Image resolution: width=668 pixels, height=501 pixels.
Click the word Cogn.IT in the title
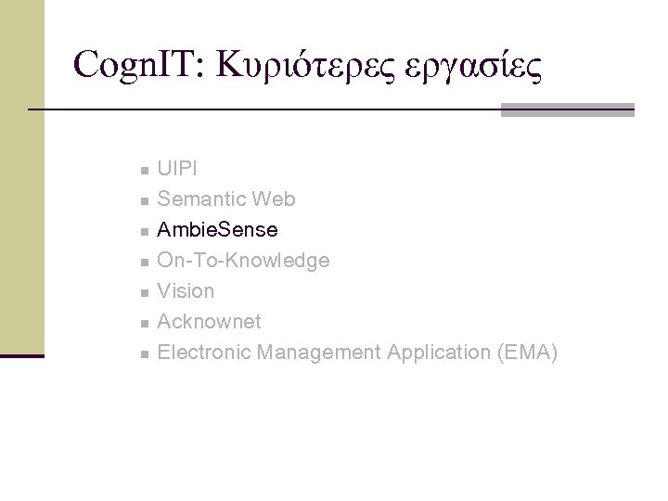click(x=139, y=64)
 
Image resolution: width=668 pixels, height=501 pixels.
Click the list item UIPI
click(x=176, y=169)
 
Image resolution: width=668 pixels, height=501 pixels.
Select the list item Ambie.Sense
click(x=217, y=230)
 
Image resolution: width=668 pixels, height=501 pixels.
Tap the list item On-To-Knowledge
click(x=243, y=261)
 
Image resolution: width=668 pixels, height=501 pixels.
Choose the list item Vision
click(x=186, y=291)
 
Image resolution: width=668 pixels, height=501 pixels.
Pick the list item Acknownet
click(x=210, y=322)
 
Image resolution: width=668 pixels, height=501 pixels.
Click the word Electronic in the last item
click(x=204, y=353)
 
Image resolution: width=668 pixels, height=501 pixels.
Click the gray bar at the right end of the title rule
click(x=567, y=109)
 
